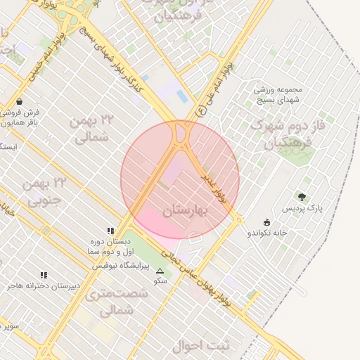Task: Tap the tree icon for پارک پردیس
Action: pyautogui.click(x=302, y=198)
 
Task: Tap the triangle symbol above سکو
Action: pyautogui.click(x=160, y=271)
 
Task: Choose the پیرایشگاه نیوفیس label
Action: pyautogui.click(x=123, y=266)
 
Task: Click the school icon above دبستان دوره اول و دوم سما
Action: pyautogui.click(x=110, y=230)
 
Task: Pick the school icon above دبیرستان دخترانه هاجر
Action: pyautogui.click(x=43, y=275)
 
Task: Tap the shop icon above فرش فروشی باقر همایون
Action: pyautogui.click(x=18, y=101)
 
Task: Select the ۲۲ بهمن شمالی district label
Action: pyautogui.click(x=91, y=128)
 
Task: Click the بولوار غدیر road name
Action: pyautogui.click(x=214, y=187)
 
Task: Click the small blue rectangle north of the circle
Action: pyautogui.click(x=146, y=78)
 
